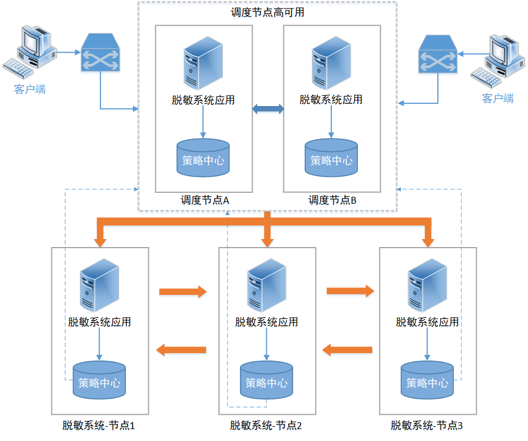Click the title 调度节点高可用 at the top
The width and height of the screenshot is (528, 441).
[267, 13]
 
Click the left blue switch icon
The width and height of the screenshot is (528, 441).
[100, 53]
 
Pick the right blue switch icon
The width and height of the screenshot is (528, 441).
[438, 55]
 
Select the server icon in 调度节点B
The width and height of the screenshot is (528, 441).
[331, 63]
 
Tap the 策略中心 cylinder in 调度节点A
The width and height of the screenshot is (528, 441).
[203, 157]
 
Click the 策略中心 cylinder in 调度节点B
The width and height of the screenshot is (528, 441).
[331, 158]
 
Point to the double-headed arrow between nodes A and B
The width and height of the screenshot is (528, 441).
[268, 108]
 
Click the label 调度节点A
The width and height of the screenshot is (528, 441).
[205, 200]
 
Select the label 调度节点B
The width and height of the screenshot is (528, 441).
[332, 200]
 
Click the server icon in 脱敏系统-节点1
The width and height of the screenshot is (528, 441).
[100, 285]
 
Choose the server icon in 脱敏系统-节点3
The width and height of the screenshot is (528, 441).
[427, 285]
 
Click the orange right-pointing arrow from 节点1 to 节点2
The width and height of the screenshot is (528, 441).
[182, 292]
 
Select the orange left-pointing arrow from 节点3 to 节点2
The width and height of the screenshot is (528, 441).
[348, 348]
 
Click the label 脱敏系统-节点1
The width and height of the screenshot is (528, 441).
[99, 426]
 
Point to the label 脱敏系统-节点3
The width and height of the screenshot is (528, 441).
[427, 426]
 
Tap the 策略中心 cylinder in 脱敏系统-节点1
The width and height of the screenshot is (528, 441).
[100, 381]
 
